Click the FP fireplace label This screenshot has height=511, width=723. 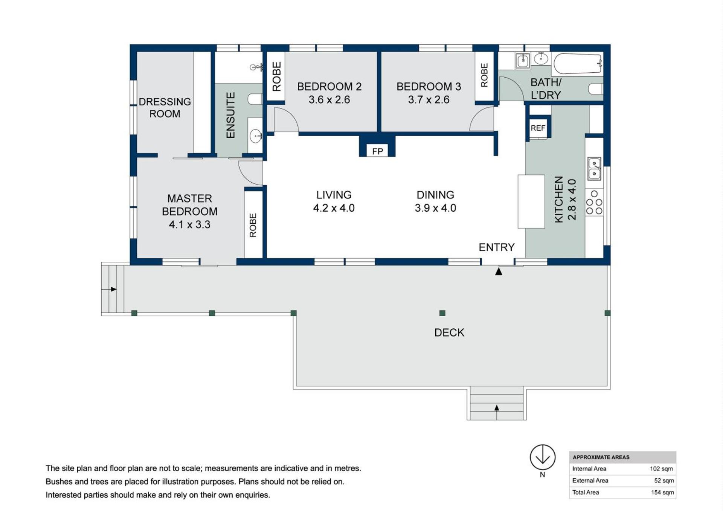pos(377,151)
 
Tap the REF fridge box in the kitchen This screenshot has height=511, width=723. pos(538,128)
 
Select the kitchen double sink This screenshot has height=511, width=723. pos(594,169)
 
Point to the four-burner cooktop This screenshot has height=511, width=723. pos(594,203)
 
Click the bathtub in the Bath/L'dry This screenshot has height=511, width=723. pos(578,64)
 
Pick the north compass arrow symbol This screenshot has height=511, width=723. pos(543,457)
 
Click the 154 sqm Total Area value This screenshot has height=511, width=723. pos(662,492)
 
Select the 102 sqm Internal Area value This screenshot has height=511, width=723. pos(661,469)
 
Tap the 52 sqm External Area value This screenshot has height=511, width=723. pos(664,480)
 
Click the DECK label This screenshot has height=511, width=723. pos(449,333)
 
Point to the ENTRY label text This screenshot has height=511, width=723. pos(496,247)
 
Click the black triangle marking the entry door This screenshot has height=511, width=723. pos(499,271)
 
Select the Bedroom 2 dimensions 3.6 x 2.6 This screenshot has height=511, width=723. pos(329,100)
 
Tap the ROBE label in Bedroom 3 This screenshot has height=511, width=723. pos(484,75)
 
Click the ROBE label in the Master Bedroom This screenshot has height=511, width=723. pos(253,225)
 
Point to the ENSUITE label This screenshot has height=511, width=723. pos(230,115)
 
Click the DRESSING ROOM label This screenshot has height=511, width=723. pos(165,108)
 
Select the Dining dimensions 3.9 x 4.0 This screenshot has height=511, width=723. pos(435,208)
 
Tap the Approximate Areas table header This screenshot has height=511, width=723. pos(601,457)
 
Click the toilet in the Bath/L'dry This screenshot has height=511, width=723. pos(595,89)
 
